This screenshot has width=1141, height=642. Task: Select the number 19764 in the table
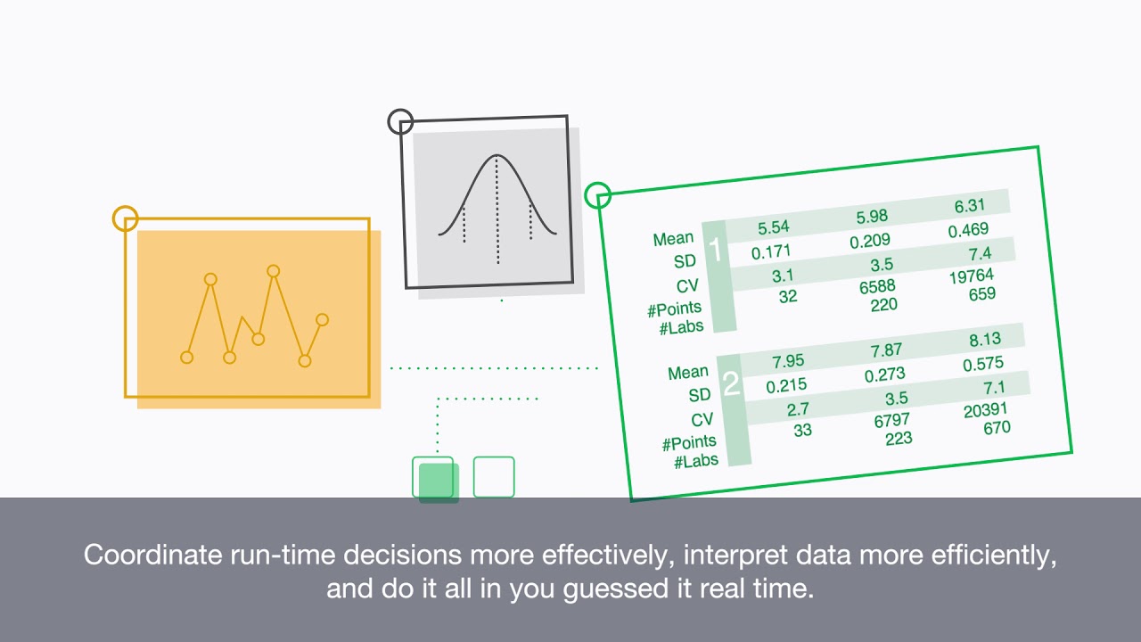pos(971,276)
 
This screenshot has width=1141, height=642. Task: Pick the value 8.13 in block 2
pos(984,339)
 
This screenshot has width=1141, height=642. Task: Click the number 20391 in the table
pos(986,410)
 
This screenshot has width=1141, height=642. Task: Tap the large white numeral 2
pos(731,384)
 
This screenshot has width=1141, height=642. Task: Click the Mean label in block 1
pos(673,239)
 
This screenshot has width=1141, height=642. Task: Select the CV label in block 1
pos(687,286)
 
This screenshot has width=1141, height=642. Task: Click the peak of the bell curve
pos(497,157)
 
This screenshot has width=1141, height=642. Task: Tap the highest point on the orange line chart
pos(274,270)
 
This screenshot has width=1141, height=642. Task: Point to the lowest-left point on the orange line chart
pos(186,358)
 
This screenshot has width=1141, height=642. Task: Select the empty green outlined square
pos(494,477)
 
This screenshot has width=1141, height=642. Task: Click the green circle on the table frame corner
pos(596,194)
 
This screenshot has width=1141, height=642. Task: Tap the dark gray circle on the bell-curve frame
pos(400,121)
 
